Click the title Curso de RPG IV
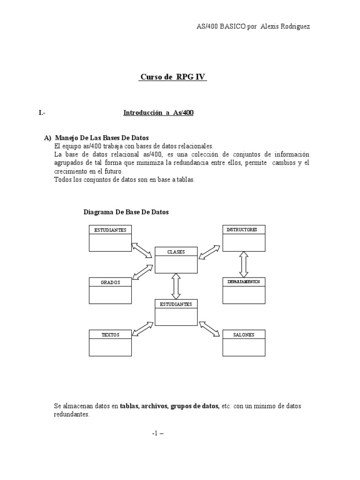tap(172, 77)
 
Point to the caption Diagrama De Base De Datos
tap(126, 212)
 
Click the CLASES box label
tap(176, 252)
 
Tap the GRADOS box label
tap(110, 282)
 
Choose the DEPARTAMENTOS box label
tap(243, 282)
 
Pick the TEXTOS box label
tap(110, 335)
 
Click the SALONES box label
tap(243, 335)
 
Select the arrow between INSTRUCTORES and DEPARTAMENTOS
tap(243, 264)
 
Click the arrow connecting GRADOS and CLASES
tap(142, 271)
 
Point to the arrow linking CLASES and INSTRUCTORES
tap(209, 252)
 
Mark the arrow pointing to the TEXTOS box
tap(143, 328)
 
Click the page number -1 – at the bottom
tap(158, 433)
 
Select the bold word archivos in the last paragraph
tap(151, 406)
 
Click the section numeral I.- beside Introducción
tap(42, 113)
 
